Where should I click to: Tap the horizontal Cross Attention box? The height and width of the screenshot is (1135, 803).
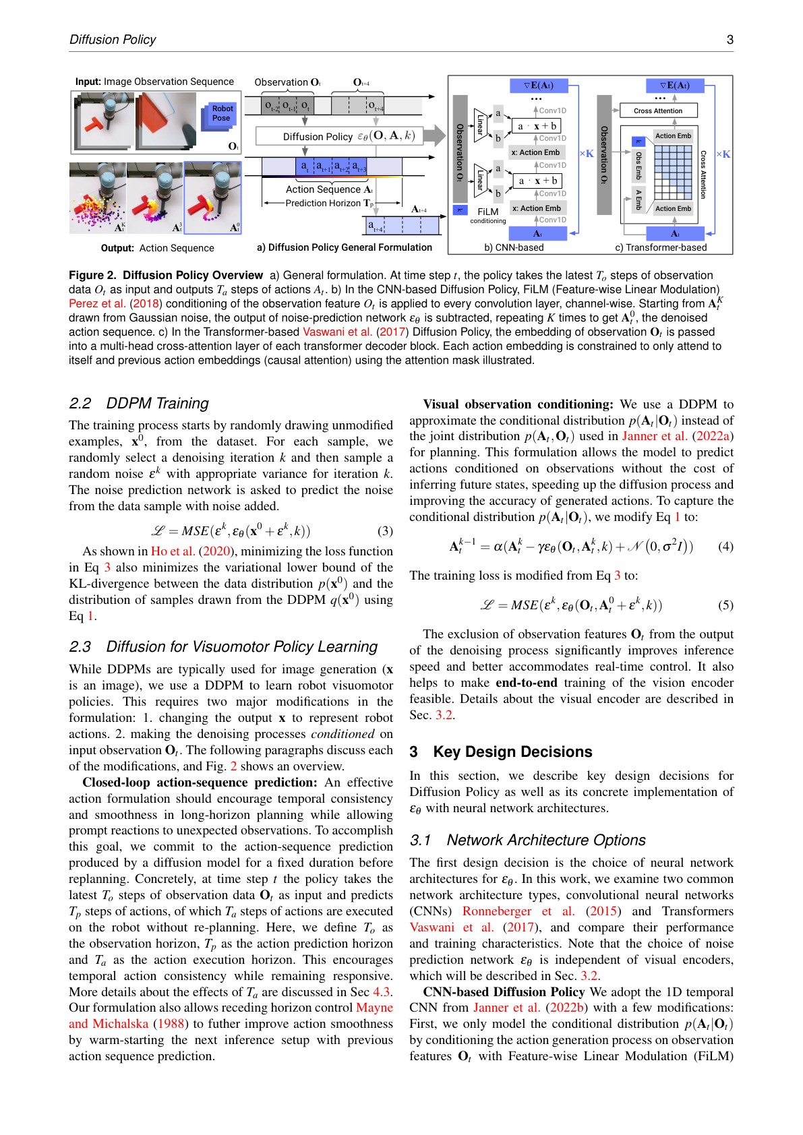(x=658, y=111)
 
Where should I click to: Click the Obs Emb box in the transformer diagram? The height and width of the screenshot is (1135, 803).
(x=638, y=166)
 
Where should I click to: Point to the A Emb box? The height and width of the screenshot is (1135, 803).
(x=638, y=200)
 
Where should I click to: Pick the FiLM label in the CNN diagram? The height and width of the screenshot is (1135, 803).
(x=487, y=212)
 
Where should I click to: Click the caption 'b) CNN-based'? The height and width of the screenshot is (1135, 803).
(x=514, y=247)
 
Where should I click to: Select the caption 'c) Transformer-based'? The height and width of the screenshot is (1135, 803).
(x=661, y=247)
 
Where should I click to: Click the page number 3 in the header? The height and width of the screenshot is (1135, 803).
(x=730, y=40)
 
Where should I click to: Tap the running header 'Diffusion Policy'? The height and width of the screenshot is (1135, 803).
(x=113, y=40)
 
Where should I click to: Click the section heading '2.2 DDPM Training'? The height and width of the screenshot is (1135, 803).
(x=139, y=403)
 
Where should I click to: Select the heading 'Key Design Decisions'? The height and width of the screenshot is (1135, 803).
(x=512, y=751)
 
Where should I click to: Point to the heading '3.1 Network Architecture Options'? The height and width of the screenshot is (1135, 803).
(x=528, y=840)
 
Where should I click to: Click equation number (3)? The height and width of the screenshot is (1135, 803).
(x=385, y=531)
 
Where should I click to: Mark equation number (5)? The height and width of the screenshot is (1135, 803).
(x=725, y=605)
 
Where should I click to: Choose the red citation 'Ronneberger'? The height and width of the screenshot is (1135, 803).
(x=497, y=911)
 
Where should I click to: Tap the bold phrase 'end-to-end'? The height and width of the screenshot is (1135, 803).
(x=527, y=683)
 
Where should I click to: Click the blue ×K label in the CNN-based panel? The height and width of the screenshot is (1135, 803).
(x=587, y=154)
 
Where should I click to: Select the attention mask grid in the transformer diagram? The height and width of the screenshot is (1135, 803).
(x=673, y=172)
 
